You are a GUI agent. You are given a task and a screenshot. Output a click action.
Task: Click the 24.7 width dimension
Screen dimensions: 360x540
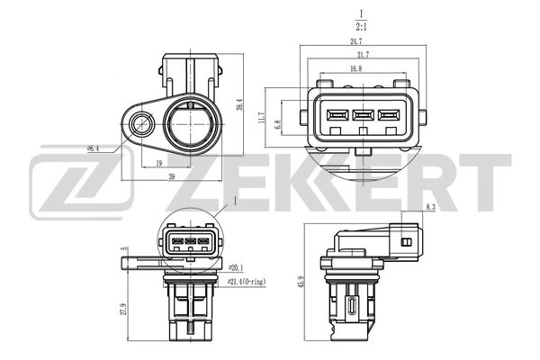[x=357, y=42]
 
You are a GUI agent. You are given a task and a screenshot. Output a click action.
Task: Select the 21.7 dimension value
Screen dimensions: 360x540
[x=357, y=56]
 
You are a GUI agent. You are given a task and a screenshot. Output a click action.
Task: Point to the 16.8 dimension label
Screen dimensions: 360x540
[x=356, y=69]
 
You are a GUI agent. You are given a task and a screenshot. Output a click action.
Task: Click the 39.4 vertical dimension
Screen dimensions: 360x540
[x=239, y=106]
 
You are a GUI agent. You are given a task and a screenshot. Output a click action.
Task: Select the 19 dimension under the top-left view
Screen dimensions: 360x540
[x=158, y=164]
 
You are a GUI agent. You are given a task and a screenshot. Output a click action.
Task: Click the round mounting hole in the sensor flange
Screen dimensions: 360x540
[x=140, y=123]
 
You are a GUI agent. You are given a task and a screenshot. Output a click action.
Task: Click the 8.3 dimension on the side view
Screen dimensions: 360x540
[x=432, y=210]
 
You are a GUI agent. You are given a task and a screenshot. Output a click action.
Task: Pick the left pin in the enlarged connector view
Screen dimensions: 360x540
[x=338, y=115]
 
